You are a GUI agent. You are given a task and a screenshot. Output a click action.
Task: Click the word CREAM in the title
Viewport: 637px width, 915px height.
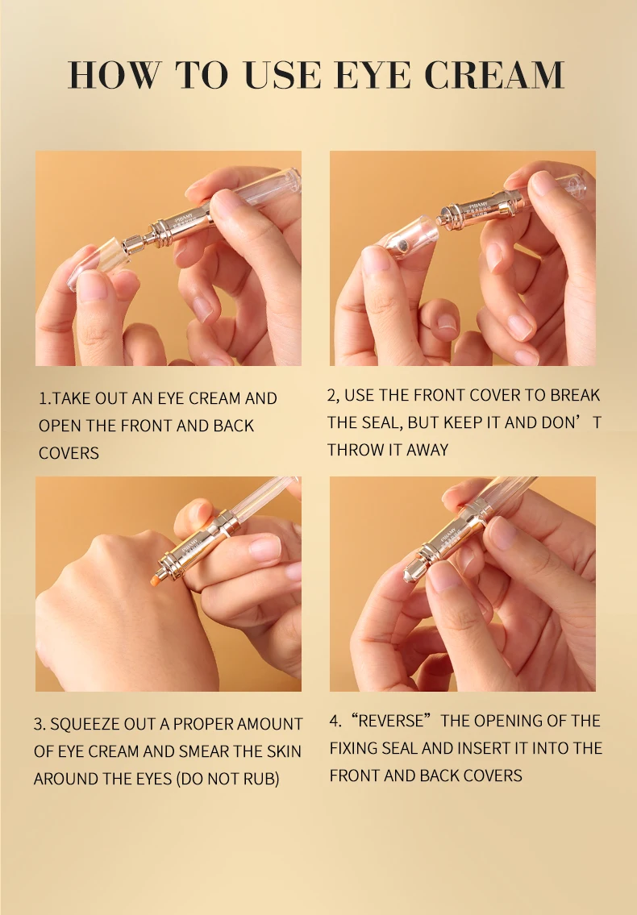pos(494,75)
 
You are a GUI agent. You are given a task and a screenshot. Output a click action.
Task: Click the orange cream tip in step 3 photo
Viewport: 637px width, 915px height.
pos(157,580)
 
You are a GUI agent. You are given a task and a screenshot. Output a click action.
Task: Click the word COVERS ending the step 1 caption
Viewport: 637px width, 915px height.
pos(69,453)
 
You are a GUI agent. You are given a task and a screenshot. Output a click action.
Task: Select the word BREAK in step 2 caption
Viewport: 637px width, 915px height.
pos(575,396)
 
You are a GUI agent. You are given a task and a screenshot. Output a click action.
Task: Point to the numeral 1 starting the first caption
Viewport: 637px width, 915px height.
pos(42,398)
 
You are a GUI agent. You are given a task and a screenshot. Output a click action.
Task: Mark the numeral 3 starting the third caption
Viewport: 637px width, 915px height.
pos(38,724)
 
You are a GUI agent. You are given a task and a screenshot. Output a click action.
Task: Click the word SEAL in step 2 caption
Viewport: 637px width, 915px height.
pos(381,422)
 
